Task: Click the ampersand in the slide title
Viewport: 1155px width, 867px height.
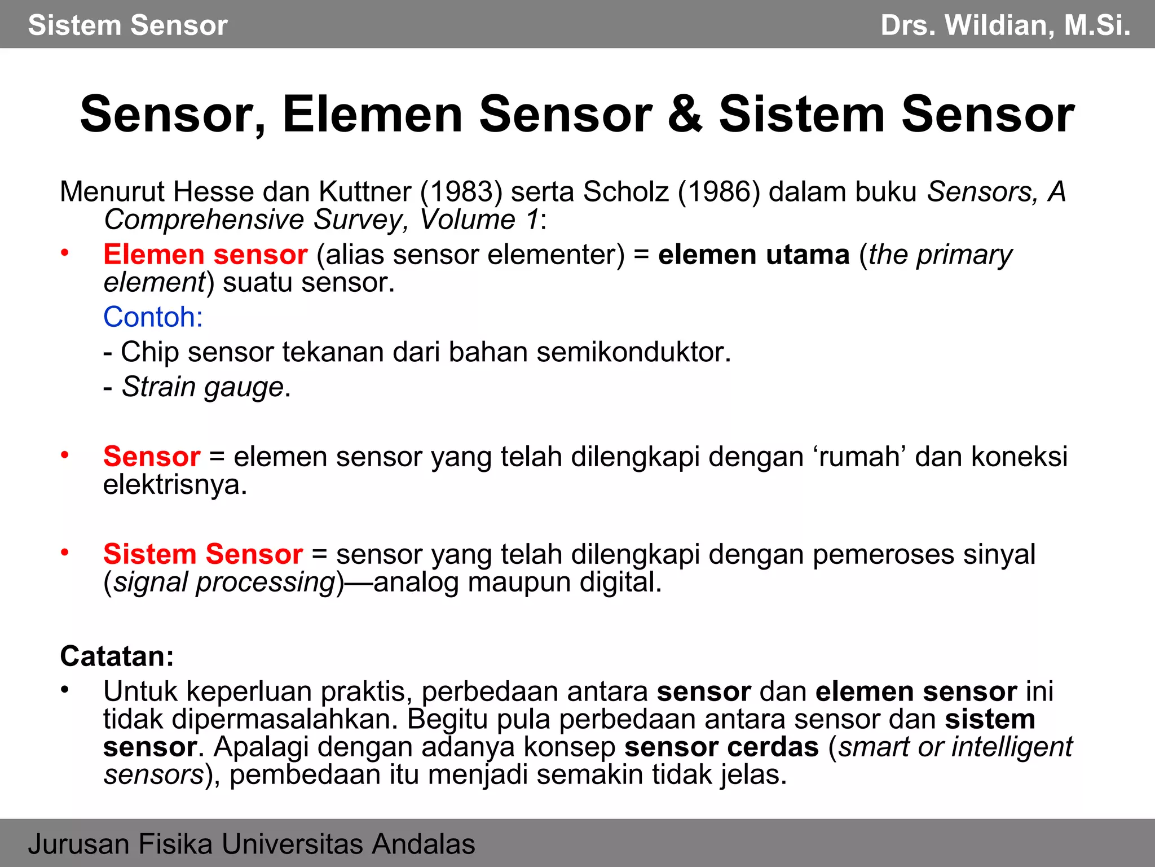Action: pos(685,115)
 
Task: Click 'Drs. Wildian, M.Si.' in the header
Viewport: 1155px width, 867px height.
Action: pos(1005,25)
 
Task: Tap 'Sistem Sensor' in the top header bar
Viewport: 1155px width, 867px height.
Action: pos(128,25)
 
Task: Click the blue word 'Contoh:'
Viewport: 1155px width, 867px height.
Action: pos(153,317)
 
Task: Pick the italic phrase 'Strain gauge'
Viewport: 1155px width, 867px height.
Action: pos(202,387)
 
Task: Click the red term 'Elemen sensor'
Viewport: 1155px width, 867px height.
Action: pos(205,255)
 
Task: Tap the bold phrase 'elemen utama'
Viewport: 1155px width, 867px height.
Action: pos(753,255)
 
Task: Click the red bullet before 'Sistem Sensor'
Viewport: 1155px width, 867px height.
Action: pos(65,553)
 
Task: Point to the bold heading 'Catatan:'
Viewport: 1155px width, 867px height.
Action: pos(117,656)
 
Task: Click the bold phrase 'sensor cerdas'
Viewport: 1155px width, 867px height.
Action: pos(721,747)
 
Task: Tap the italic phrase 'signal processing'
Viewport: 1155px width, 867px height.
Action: pos(224,583)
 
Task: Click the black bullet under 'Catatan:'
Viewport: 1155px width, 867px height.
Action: pos(65,690)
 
